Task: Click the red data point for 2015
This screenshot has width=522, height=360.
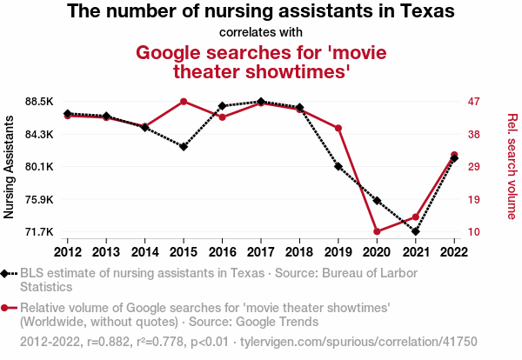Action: [184, 102]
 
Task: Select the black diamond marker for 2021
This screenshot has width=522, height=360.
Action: [416, 231]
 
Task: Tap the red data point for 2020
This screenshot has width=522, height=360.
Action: [377, 231]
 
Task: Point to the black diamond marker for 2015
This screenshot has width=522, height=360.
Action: [184, 146]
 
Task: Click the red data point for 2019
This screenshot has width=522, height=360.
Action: [338, 129]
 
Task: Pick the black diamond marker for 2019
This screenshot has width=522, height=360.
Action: [338, 166]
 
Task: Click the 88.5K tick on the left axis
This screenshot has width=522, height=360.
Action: [41, 102]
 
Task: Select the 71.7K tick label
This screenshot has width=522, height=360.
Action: [41, 232]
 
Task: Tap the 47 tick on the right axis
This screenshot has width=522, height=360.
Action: [474, 102]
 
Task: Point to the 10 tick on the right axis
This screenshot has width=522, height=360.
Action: [474, 232]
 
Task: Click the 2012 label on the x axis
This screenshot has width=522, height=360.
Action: [68, 251]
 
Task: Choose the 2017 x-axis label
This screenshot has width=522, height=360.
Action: [261, 251]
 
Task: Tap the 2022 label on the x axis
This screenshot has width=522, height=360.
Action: [454, 251]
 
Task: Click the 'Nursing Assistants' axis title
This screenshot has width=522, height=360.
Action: [10, 167]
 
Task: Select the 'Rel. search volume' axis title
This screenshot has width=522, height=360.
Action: [512, 167]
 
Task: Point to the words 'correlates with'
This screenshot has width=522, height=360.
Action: [261, 33]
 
